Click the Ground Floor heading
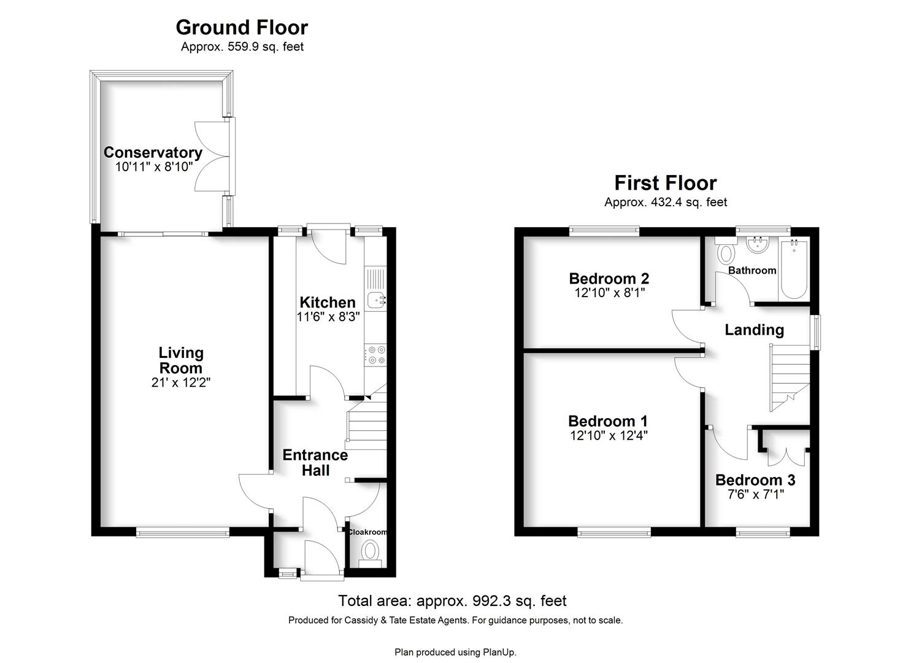click(242, 28)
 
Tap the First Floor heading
click(666, 183)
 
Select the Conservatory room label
click(153, 152)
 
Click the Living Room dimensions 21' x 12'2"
click(180, 382)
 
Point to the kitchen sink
click(376, 300)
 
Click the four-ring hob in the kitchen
click(375, 354)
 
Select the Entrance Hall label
click(315, 462)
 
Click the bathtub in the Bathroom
click(793, 269)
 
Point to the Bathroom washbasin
click(757, 244)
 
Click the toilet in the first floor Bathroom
click(726, 251)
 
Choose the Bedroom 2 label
click(609, 278)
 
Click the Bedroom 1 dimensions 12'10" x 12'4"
click(609, 435)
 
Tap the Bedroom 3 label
click(755, 480)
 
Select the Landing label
click(754, 330)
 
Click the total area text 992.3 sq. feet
click(520, 601)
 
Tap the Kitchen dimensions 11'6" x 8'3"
click(328, 316)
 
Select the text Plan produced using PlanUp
click(455, 652)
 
